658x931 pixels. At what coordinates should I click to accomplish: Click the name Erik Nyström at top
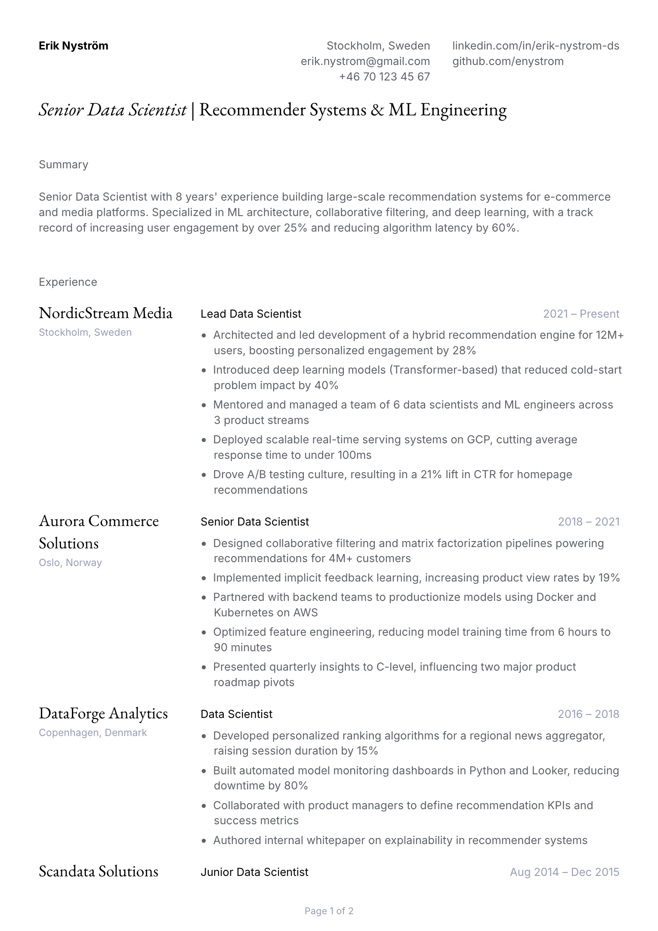pos(73,46)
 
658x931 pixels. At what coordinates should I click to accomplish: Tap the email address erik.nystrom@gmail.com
pos(365,61)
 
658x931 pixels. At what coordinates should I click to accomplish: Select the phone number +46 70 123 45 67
pos(384,77)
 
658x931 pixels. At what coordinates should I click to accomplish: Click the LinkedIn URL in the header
pos(535,46)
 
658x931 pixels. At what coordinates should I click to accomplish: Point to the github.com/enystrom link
pos(508,61)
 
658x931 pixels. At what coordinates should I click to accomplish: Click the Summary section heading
pos(63,164)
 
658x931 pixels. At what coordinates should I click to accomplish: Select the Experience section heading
pos(68,282)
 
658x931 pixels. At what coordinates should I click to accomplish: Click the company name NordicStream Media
pos(105,313)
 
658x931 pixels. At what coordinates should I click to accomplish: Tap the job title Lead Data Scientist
pos(250,314)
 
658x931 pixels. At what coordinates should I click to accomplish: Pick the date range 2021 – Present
pos(581,314)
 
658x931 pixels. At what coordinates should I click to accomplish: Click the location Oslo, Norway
pos(70,563)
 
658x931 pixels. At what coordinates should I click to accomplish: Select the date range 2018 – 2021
pos(588,522)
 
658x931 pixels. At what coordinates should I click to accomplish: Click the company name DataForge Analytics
pos(103,713)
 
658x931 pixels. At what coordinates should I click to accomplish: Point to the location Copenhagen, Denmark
pos(93,733)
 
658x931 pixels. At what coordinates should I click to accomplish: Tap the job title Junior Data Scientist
pos(254,872)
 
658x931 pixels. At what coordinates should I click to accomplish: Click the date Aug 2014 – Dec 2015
pos(564,872)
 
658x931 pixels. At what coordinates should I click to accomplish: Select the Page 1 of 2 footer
pos(329,911)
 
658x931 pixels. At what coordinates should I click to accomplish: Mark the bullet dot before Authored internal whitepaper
pos(204,841)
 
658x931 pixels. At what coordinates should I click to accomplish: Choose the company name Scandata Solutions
pos(99,871)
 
